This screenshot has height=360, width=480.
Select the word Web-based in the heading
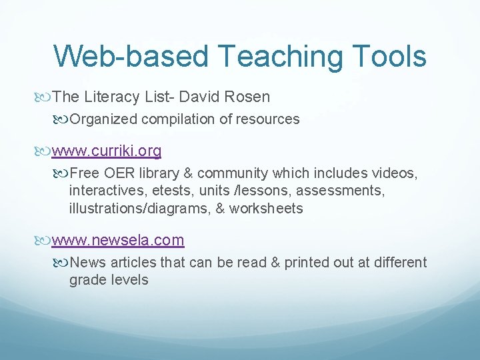pos(131,56)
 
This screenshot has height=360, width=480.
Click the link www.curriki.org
pos(107,151)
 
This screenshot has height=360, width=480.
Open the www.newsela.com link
pos(118,240)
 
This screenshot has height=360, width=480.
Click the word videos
pos(395,173)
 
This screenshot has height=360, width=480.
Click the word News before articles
pos(86,262)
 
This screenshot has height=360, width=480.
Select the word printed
pos(309,262)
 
